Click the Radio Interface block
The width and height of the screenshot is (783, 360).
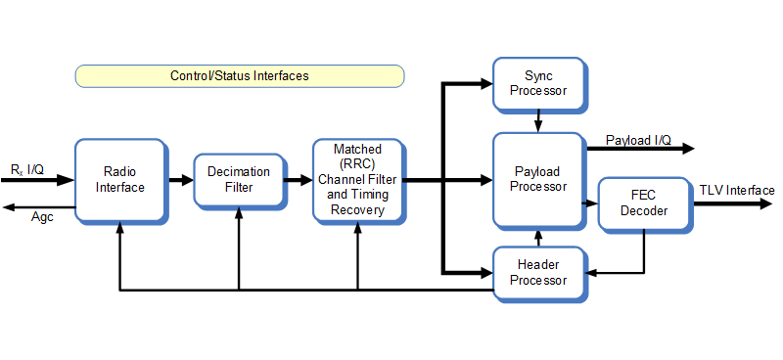[x=119, y=180]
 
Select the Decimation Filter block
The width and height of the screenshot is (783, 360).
[x=238, y=180]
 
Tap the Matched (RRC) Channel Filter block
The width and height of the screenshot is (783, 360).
[x=357, y=179]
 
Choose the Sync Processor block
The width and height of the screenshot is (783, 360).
[x=537, y=83]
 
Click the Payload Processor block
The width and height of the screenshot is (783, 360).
[x=539, y=179]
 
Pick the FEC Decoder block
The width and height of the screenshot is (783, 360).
[x=643, y=203]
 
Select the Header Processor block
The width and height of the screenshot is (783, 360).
[x=537, y=273]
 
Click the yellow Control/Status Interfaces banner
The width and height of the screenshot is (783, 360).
[x=240, y=76]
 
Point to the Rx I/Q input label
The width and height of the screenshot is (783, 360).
[x=26, y=169]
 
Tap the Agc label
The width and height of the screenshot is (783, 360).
[x=41, y=217]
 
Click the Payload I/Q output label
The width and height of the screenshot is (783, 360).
[x=638, y=139]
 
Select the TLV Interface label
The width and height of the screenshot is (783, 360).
[x=736, y=191]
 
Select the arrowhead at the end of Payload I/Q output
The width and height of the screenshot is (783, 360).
[x=689, y=149]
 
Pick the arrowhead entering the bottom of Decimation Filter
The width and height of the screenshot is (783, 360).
[x=238, y=214]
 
